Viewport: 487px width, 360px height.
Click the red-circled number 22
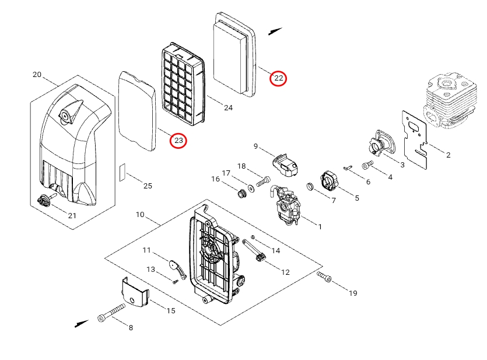(x=279, y=78)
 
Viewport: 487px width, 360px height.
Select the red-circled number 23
(x=178, y=141)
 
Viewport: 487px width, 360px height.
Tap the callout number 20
(x=37, y=75)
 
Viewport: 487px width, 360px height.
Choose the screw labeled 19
(x=324, y=277)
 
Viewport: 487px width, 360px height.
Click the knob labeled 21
(x=44, y=200)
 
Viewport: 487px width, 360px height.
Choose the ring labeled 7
(x=311, y=187)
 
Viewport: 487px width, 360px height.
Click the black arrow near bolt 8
(x=81, y=323)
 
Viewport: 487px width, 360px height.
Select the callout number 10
(x=140, y=215)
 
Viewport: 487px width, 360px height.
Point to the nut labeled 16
(x=240, y=193)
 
